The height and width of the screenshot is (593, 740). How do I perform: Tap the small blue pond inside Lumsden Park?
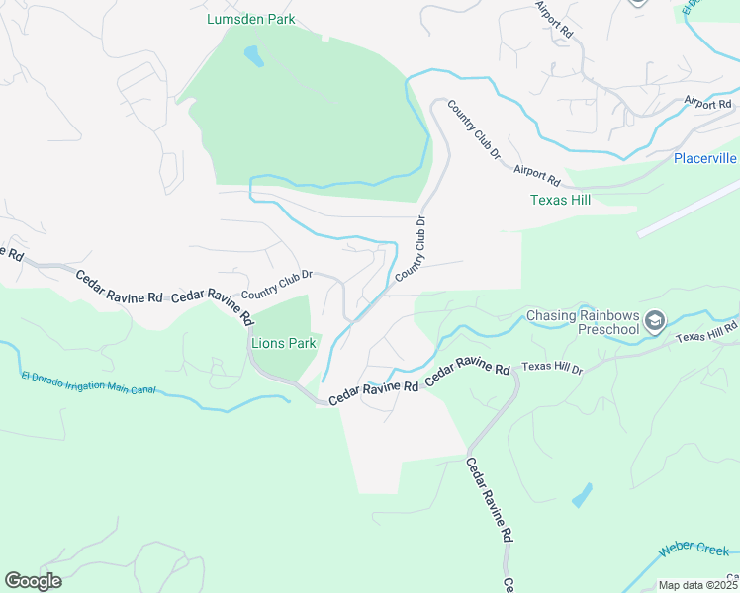click(254, 56)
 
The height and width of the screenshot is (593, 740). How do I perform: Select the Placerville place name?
click(704, 158)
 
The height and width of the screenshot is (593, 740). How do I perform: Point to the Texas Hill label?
click(560, 200)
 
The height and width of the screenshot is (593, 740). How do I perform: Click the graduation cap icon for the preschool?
click(654, 320)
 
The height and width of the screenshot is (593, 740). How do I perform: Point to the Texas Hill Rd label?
click(707, 332)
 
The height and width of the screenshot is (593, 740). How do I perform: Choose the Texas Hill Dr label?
click(552, 368)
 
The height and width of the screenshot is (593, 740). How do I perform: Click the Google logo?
click(33, 580)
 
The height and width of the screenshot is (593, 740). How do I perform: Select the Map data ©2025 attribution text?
click(696, 585)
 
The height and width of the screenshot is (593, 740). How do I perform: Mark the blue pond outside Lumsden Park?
click(583, 495)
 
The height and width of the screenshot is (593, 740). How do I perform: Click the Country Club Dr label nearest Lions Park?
click(277, 285)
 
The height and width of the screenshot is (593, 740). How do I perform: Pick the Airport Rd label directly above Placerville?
click(706, 103)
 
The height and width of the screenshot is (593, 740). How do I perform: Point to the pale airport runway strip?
click(689, 207)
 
